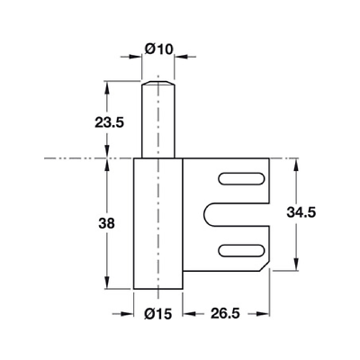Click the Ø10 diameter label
(x=159, y=49)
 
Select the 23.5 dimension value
(x=109, y=122)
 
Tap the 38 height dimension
(x=107, y=223)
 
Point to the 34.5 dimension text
(x=301, y=212)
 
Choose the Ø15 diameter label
(x=158, y=314)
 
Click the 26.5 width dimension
(x=225, y=314)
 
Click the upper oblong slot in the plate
(x=241, y=179)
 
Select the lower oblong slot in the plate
(x=241, y=250)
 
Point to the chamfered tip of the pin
(x=157, y=83)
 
